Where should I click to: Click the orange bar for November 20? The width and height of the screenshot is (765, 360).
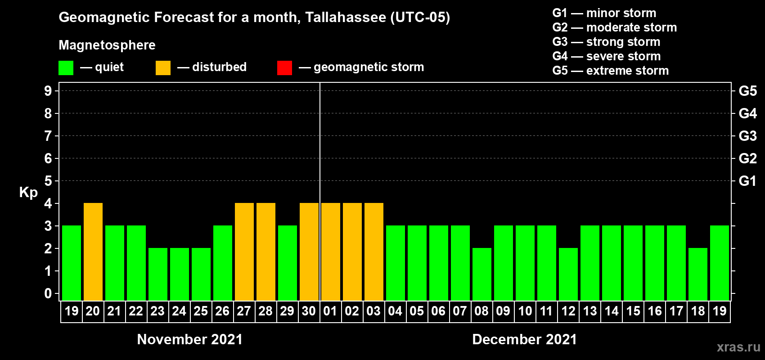(93, 252)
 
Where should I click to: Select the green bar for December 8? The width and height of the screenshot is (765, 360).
(482, 274)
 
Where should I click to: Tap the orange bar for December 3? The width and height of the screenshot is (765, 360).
(374, 252)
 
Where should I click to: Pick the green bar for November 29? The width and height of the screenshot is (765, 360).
(288, 263)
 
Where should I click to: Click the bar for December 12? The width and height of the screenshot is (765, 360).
(568, 274)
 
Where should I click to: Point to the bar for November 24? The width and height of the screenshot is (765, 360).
(180, 274)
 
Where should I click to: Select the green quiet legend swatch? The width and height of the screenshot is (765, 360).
(66, 68)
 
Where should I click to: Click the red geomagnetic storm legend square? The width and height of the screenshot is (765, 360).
(284, 68)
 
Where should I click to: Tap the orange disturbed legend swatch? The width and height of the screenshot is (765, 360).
(163, 68)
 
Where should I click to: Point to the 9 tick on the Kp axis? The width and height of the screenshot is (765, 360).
(48, 91)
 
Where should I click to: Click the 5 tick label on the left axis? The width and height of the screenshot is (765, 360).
(48, 181)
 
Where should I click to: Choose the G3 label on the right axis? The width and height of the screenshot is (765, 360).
(747, 136)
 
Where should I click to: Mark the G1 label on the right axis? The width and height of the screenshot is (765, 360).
(747, 181)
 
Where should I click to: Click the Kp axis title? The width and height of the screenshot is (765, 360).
(28, 192)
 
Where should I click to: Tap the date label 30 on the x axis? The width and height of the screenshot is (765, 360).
(309, 311)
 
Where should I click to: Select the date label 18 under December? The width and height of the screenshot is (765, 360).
(698, 311)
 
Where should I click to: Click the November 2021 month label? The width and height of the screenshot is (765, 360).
(189, 339)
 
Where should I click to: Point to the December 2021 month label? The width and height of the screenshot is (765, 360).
(524, 339)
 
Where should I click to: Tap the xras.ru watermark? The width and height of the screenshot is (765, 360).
(738, 347)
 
